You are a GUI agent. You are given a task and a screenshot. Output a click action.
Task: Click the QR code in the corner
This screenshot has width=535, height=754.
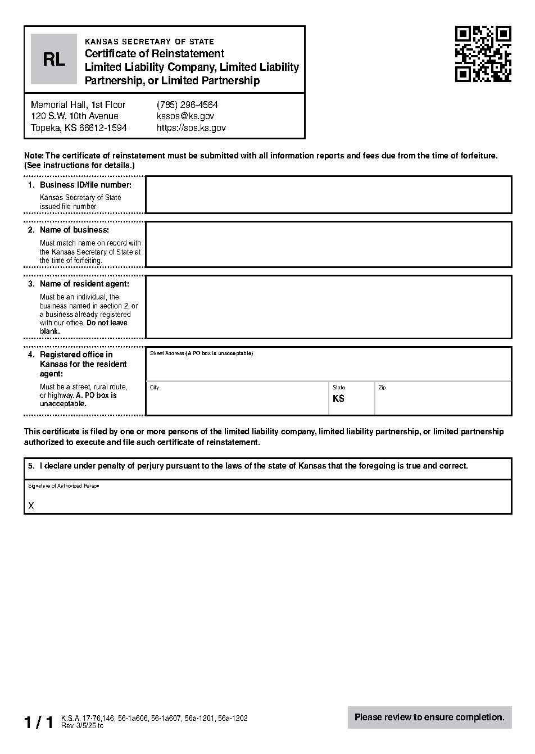[483, 54]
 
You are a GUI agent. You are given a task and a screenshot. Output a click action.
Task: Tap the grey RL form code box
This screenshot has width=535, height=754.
[54, 59]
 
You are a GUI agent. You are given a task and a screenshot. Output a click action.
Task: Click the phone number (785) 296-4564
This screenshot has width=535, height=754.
[187, 105]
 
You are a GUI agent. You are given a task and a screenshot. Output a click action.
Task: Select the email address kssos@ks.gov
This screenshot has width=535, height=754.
[185, 116]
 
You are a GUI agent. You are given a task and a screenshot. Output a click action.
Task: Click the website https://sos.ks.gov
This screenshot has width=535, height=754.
[191, 128]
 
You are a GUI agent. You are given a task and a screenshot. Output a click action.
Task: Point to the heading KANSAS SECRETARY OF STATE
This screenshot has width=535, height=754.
[149, 42]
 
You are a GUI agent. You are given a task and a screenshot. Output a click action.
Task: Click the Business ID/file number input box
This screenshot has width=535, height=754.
[328, 195]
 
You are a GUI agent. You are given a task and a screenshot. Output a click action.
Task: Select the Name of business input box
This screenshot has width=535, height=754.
[328, 244]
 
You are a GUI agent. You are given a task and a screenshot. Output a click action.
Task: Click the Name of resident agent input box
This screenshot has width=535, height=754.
[328, 307]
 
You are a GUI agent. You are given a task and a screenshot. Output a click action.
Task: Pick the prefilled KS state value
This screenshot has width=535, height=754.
[338, 399]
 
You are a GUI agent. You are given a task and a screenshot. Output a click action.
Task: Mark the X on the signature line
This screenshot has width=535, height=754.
[31, 506]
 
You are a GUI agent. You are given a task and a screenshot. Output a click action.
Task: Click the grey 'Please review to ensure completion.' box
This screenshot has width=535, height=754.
[429, 717]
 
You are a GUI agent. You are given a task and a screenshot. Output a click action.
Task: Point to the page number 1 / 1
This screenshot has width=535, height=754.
[39, 723]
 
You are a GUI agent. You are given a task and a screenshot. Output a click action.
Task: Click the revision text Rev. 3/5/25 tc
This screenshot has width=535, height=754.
[82, 726]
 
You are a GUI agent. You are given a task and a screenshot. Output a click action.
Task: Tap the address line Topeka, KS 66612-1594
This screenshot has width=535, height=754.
[79, 128]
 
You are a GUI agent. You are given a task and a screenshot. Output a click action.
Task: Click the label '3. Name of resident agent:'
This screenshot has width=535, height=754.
[84, 284]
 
